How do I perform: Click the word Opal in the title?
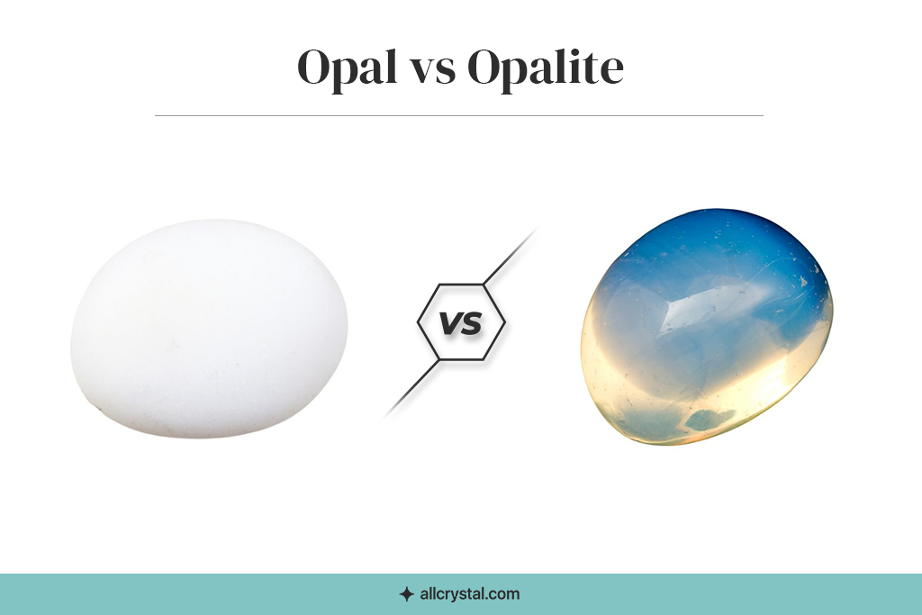[x=346, y=68]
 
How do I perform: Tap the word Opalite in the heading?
[x=546, y=68]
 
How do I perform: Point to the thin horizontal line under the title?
[x=459, y=116]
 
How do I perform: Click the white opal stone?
[x=209, y=329]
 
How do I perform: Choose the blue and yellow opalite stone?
[x=707, y=326]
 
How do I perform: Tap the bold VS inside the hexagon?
[x=461, y=322]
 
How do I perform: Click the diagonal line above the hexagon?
[x=511, y=256]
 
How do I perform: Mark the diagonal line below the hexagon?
[x=411, y=389]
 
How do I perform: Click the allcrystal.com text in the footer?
[x=470, y=593]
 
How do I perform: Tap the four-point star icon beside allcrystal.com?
[x=406, y=594]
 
